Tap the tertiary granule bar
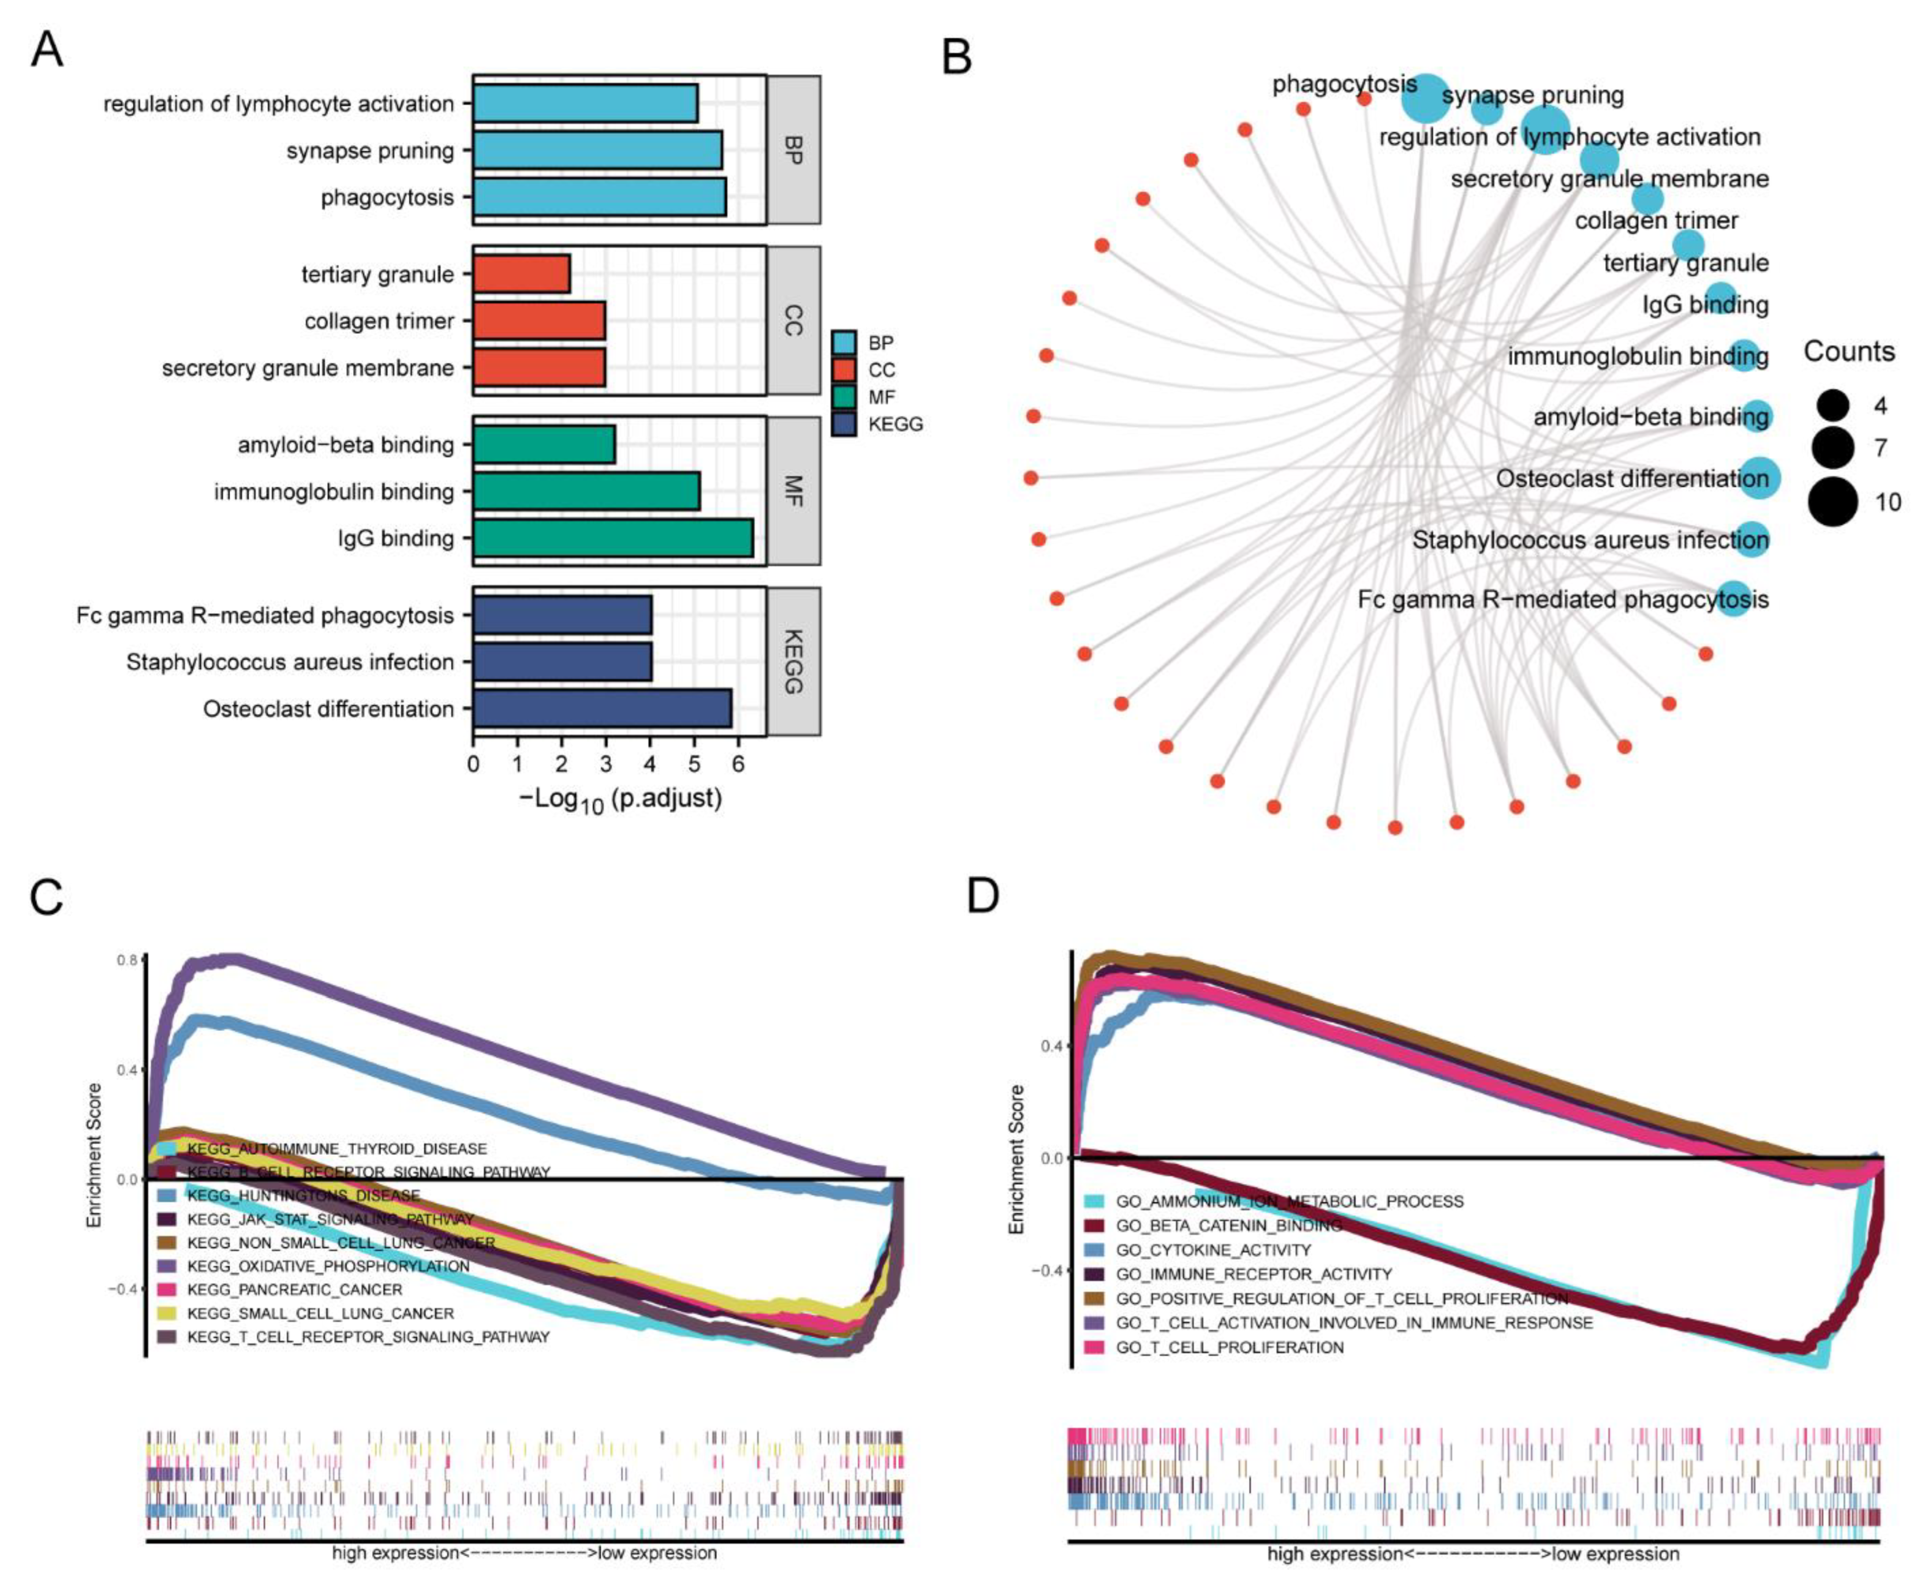521,274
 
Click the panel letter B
956,57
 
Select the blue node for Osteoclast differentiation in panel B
1759,478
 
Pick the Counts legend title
1849,351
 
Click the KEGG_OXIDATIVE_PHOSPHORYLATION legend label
328,1266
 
